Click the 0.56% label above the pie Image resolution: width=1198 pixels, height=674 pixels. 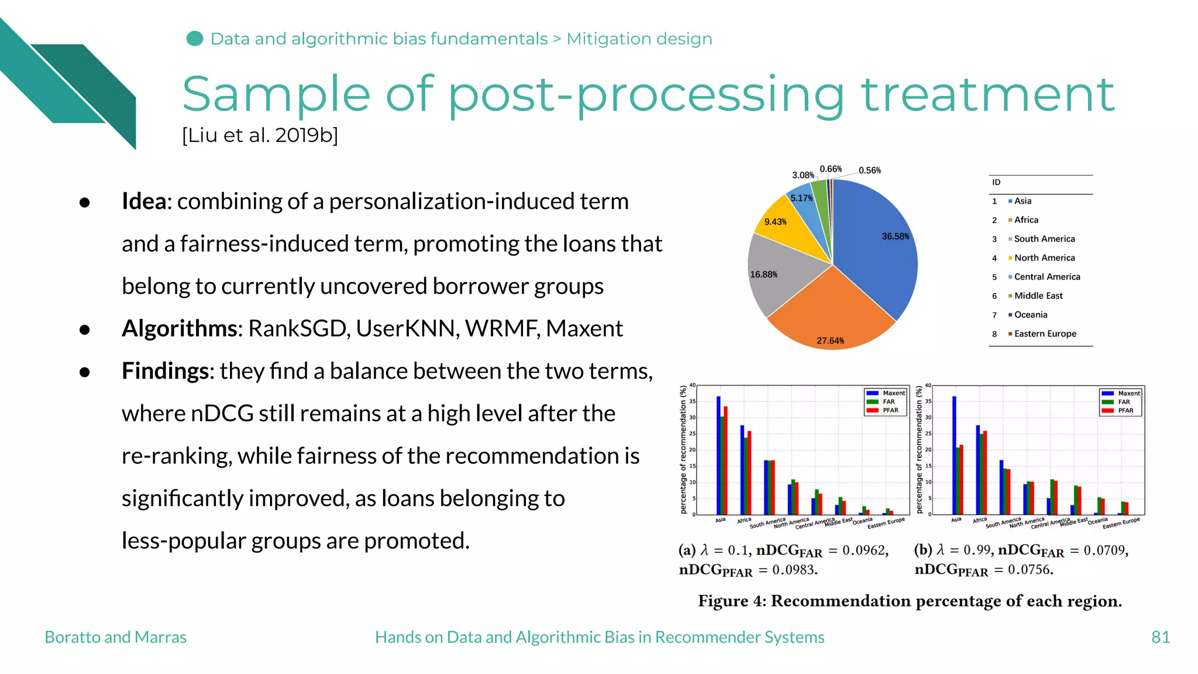pyautogui.click(x=869, y=170)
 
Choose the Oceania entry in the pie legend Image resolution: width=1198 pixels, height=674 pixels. pyautogui.click(x=1030, y=315)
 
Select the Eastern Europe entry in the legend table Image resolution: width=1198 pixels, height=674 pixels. pyautogui.click(x=1045, y=333)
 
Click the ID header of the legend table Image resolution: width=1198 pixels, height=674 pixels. pyautogui.click(x=996, y=183)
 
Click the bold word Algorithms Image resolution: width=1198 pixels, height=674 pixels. pyautogui.click(x=179, y=329)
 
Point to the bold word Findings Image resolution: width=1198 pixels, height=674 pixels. pyautogui.click(x=165, y=371)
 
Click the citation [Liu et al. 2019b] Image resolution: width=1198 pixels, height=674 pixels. pyautogui.click(x=260, y=135)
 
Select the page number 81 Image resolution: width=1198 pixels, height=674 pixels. pyautogui.click(x=1160, y=637)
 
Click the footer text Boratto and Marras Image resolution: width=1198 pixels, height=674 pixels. pyautogui.click(x=115, y=637)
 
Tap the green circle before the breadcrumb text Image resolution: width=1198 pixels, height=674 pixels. pyautogui.click(x=195, y=39)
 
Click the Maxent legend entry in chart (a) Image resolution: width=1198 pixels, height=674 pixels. pyautogui.click(x=887, y=393)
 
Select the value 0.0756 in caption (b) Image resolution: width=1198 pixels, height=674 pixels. pyautogui.click(x=1030, y=570)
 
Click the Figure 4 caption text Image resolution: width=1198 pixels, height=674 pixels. pyautogui.click(x=910, y=601)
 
